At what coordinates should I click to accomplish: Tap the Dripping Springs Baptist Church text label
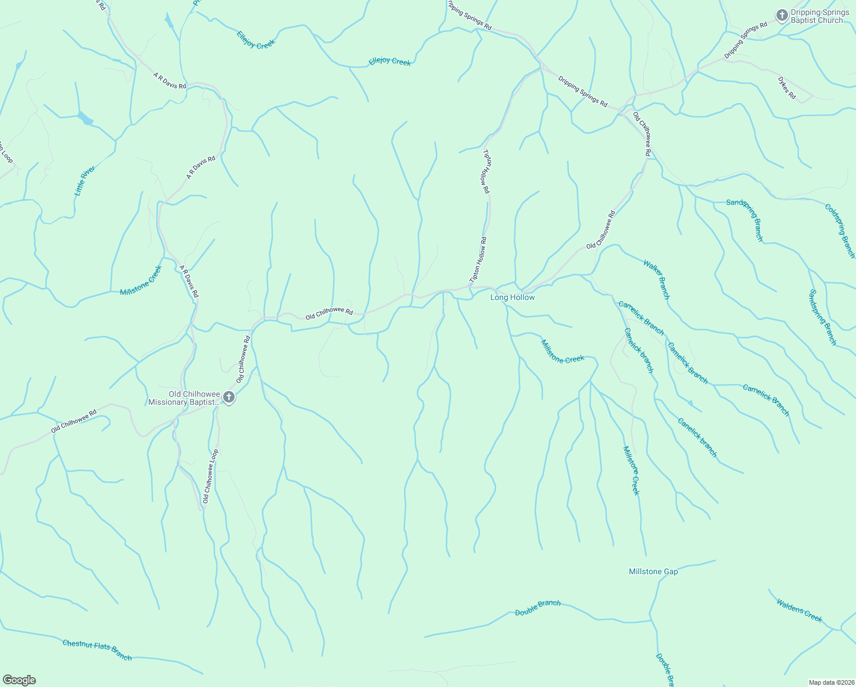819,17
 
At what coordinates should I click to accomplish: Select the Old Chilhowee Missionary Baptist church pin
228,397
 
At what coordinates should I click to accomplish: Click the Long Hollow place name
513,297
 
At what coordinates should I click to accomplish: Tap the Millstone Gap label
653,571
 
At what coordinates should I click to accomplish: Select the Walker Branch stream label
656,279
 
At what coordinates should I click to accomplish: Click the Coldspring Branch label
839,231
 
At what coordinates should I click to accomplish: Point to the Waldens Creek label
799,610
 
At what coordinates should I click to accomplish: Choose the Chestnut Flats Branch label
97,650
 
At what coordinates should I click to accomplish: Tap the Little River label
85,181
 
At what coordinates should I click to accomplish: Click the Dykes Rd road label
787,88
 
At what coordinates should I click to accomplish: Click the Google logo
19,680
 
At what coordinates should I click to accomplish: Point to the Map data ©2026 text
831,682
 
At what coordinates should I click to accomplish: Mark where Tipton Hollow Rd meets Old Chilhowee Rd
471,286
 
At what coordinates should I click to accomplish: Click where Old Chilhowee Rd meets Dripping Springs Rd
624,109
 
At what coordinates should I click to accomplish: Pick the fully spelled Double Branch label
537,607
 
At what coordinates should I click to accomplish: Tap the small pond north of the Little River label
85,119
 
